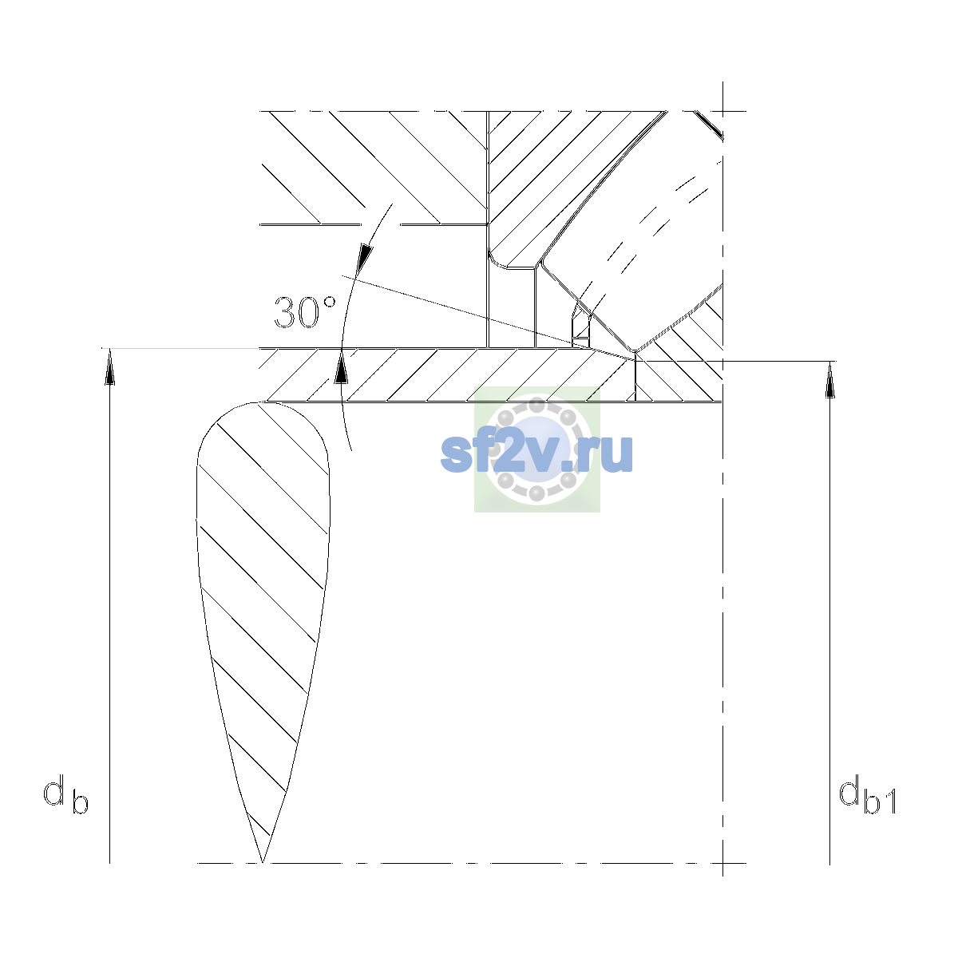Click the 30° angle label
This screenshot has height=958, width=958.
(x=305, y=312)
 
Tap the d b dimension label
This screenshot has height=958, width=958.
(x=65, y=795)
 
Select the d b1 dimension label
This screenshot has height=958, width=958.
(x=868, y=796)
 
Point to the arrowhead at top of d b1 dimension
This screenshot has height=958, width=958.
(x=829, y=380)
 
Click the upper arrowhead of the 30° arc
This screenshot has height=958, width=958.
(x=366, y=258)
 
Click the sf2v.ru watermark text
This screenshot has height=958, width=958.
(x=536, y=453)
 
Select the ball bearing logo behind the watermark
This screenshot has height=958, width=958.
(x=537, y=449)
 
